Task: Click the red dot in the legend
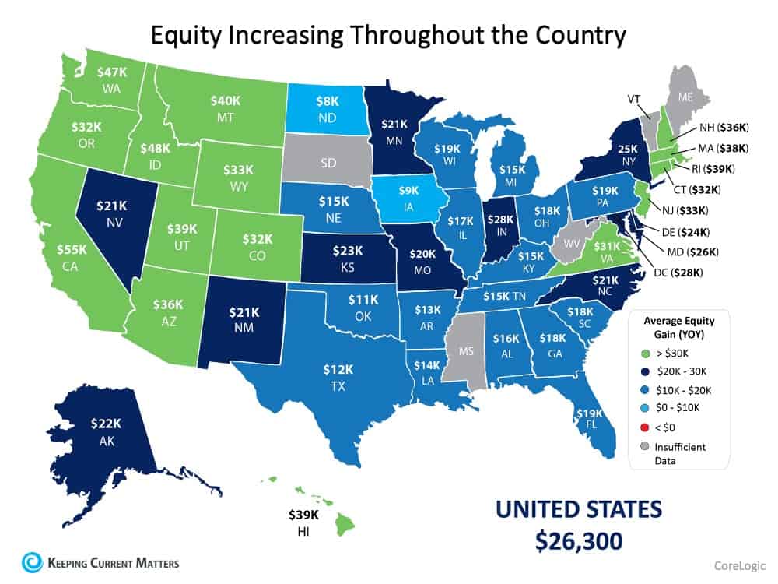[x=643, y=427]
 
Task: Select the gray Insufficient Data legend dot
[x=643, y=446]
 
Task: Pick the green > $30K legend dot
[x=643, y=351]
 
